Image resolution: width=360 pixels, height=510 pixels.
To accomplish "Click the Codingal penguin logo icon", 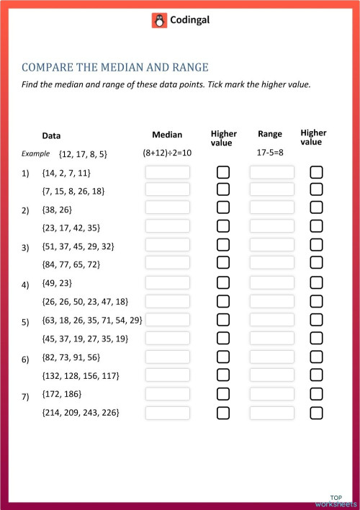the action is [159, 21].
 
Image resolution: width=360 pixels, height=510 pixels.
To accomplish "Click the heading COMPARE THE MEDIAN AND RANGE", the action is [115, 68].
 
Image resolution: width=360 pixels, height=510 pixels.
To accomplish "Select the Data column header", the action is [51, 135].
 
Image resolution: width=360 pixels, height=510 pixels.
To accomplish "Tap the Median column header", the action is [167, 135].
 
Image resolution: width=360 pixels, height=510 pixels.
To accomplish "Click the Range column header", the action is [270, 134].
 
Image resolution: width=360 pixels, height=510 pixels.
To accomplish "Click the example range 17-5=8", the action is [271, 153].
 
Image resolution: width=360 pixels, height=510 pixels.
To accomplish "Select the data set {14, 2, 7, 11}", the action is [66, 173].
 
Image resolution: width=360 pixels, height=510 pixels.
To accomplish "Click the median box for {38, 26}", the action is [167, 207].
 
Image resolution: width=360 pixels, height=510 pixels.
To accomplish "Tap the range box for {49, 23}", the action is [272, 282].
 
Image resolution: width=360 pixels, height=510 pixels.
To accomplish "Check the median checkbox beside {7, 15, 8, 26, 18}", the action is [223, 189].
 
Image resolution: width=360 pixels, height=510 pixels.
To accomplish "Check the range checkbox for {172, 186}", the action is [316, 394].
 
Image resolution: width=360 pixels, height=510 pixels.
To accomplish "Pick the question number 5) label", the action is [25, 321].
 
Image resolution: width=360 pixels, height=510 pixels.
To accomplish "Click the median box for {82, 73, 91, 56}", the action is [167, 357].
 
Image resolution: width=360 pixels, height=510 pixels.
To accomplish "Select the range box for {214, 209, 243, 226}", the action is [272, 413].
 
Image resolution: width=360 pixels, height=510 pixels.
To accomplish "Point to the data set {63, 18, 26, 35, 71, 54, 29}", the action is [92, 320].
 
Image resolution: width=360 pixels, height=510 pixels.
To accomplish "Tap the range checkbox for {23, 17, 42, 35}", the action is [316, 226].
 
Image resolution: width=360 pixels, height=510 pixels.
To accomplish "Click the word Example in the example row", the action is [35, 153].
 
